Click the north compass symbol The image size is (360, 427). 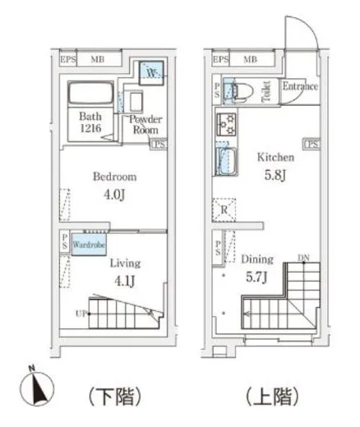(x=37, y=389)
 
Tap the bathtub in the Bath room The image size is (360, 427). (x=90, y=93)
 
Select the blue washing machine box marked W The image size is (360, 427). (x=151, y=73)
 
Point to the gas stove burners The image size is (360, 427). (x=227, y=125)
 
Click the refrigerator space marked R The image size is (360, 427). (x=224, y=210)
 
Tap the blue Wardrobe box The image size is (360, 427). (x=89, y=244)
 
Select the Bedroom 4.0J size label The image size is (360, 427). (x=115, y=195)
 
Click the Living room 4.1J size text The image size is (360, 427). (x=125, y=281)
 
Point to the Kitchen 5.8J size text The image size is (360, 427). (x=275, y=175)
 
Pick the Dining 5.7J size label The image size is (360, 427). (x=256, y=277)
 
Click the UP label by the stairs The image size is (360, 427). (x=81, y=314)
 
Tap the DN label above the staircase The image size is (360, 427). (x=303, y=258)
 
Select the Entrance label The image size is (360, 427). (x=300, y=86)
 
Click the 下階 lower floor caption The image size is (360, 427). (x=115, y=397)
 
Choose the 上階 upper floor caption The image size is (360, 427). (x=272, y=396)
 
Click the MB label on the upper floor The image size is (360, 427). (x=251, y=59)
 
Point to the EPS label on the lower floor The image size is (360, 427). (x=68, y=59)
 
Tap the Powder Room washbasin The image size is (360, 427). (x=136, y=102)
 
